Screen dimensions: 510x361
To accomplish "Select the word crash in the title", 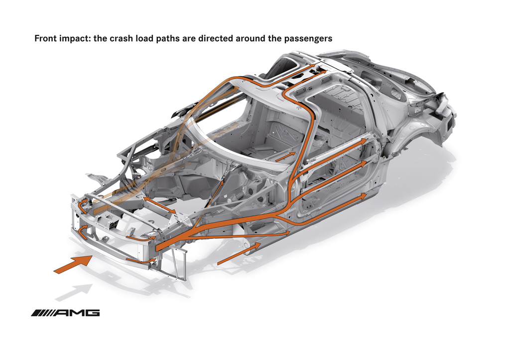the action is [121, 38].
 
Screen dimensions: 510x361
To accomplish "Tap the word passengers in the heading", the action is [308, 39].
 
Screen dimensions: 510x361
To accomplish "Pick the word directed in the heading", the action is [216, 38].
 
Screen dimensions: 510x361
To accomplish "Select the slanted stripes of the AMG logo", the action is [42, 313].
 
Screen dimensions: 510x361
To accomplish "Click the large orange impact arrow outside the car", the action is [73, 264].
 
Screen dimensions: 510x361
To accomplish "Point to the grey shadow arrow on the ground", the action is [74, 292].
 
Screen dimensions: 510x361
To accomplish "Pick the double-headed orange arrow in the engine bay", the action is [159, 205].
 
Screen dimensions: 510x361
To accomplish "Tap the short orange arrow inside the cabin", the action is [286, 156].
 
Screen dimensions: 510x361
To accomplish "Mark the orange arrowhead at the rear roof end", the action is [312, 65].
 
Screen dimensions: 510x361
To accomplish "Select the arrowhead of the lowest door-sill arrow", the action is [363, 195].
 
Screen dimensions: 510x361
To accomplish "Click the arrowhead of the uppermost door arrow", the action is [363, 141].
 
